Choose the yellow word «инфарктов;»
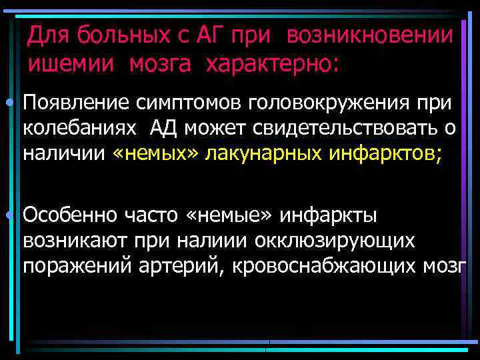point(385,154)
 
